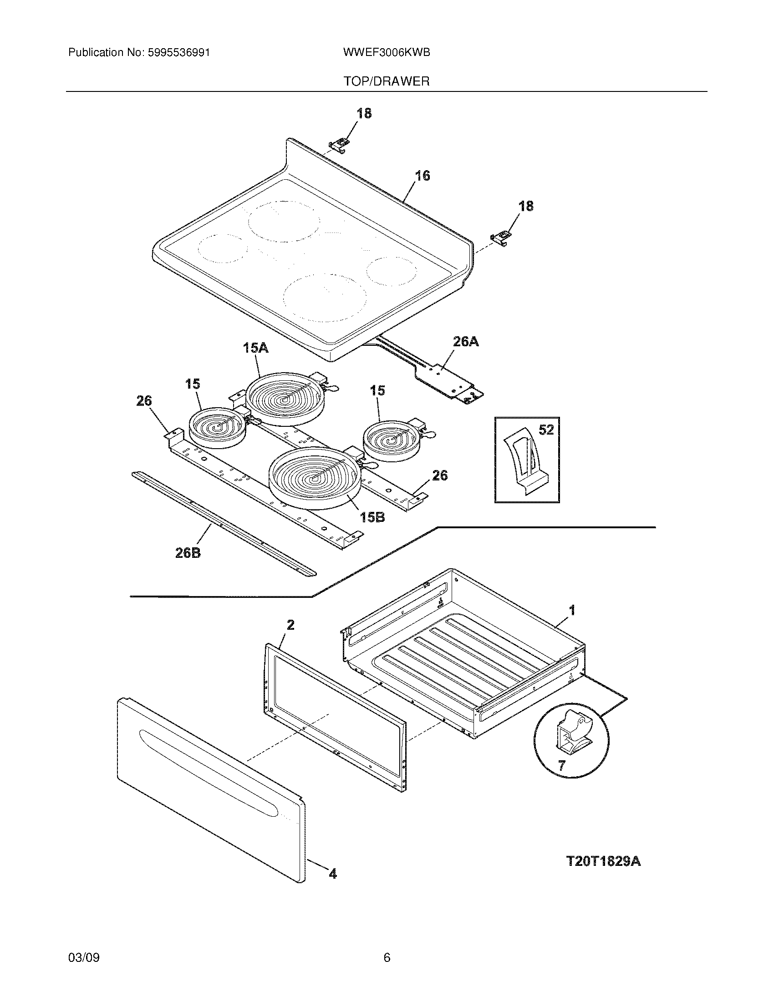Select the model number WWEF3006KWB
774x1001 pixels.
tap(386, 52)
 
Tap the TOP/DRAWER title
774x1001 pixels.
tap(387, 81)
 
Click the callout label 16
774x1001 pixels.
tap(423, 176)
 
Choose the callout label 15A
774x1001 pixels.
tap(255, 349)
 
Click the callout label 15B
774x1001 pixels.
tap(372, 517)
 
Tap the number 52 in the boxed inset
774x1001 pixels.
tap(546, 430)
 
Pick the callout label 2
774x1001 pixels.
tap(290, 625)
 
